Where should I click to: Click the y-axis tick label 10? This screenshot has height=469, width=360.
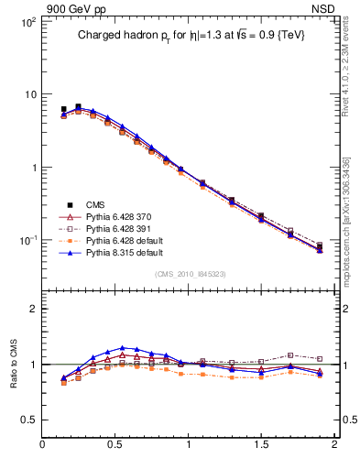pyautogui.click(x=28, y=94)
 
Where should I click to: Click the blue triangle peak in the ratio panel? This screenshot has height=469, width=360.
pyautogui.click(x=122, y=348)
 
